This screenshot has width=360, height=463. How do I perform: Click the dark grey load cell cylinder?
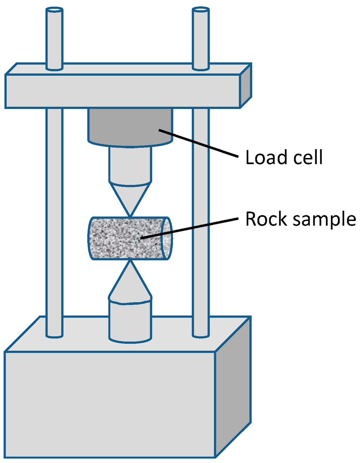point(130,127)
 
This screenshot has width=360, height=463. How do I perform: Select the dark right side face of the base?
point(233,387)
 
